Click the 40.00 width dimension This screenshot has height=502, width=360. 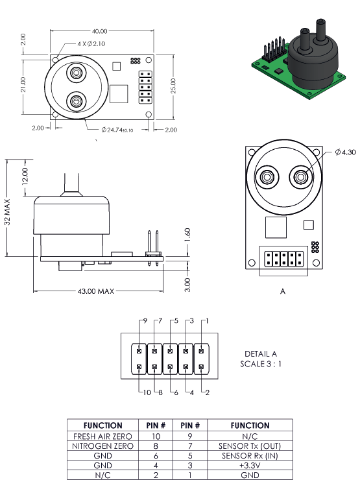coord(100,31)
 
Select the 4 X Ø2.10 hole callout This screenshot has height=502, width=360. coord(91,43)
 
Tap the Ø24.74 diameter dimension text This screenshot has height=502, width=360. coord(117,130)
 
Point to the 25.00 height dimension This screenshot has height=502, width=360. coord(173,86)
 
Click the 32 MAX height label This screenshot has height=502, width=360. coord(7,211)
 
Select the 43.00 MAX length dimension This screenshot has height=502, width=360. coord(96,291)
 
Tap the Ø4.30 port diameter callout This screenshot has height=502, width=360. coord(345,152)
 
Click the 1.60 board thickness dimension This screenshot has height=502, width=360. coord(187,235)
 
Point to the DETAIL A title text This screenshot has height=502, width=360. coord(260,353)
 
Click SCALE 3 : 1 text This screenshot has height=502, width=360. coord(260,364)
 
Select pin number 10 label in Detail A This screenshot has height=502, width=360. coord(147,392)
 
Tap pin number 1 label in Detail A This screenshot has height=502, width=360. coord(207,321)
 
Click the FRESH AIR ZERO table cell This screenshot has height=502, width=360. coord(102,436)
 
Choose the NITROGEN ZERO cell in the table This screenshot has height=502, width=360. coord(102,446)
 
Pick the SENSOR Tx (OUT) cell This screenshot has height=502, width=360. coord(250,446)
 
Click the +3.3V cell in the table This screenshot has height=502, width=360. coord(250,465)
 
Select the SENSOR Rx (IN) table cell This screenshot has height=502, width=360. coord(250,455)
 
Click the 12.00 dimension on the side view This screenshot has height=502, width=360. coord(25,176)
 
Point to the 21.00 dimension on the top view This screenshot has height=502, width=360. coord(23,85)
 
